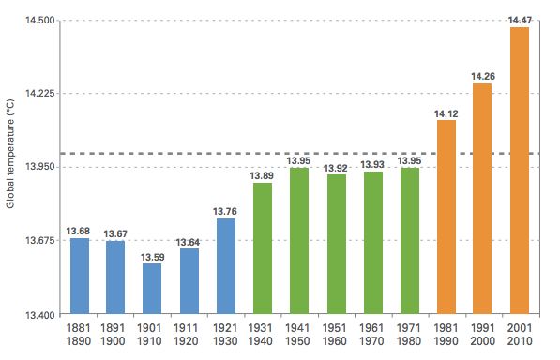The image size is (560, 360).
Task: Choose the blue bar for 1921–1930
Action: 225,266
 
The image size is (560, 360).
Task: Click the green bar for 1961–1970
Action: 372,243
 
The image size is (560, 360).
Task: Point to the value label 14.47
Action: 519,20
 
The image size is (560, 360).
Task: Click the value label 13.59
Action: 152,256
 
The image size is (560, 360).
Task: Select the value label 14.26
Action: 482,76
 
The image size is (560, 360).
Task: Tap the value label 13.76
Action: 225,211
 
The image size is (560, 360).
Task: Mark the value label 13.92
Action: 336,168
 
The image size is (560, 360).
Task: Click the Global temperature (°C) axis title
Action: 11,168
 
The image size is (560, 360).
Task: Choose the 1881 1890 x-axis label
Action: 79,335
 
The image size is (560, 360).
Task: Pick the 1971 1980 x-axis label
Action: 409,335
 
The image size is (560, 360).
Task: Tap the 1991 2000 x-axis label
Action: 482,335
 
